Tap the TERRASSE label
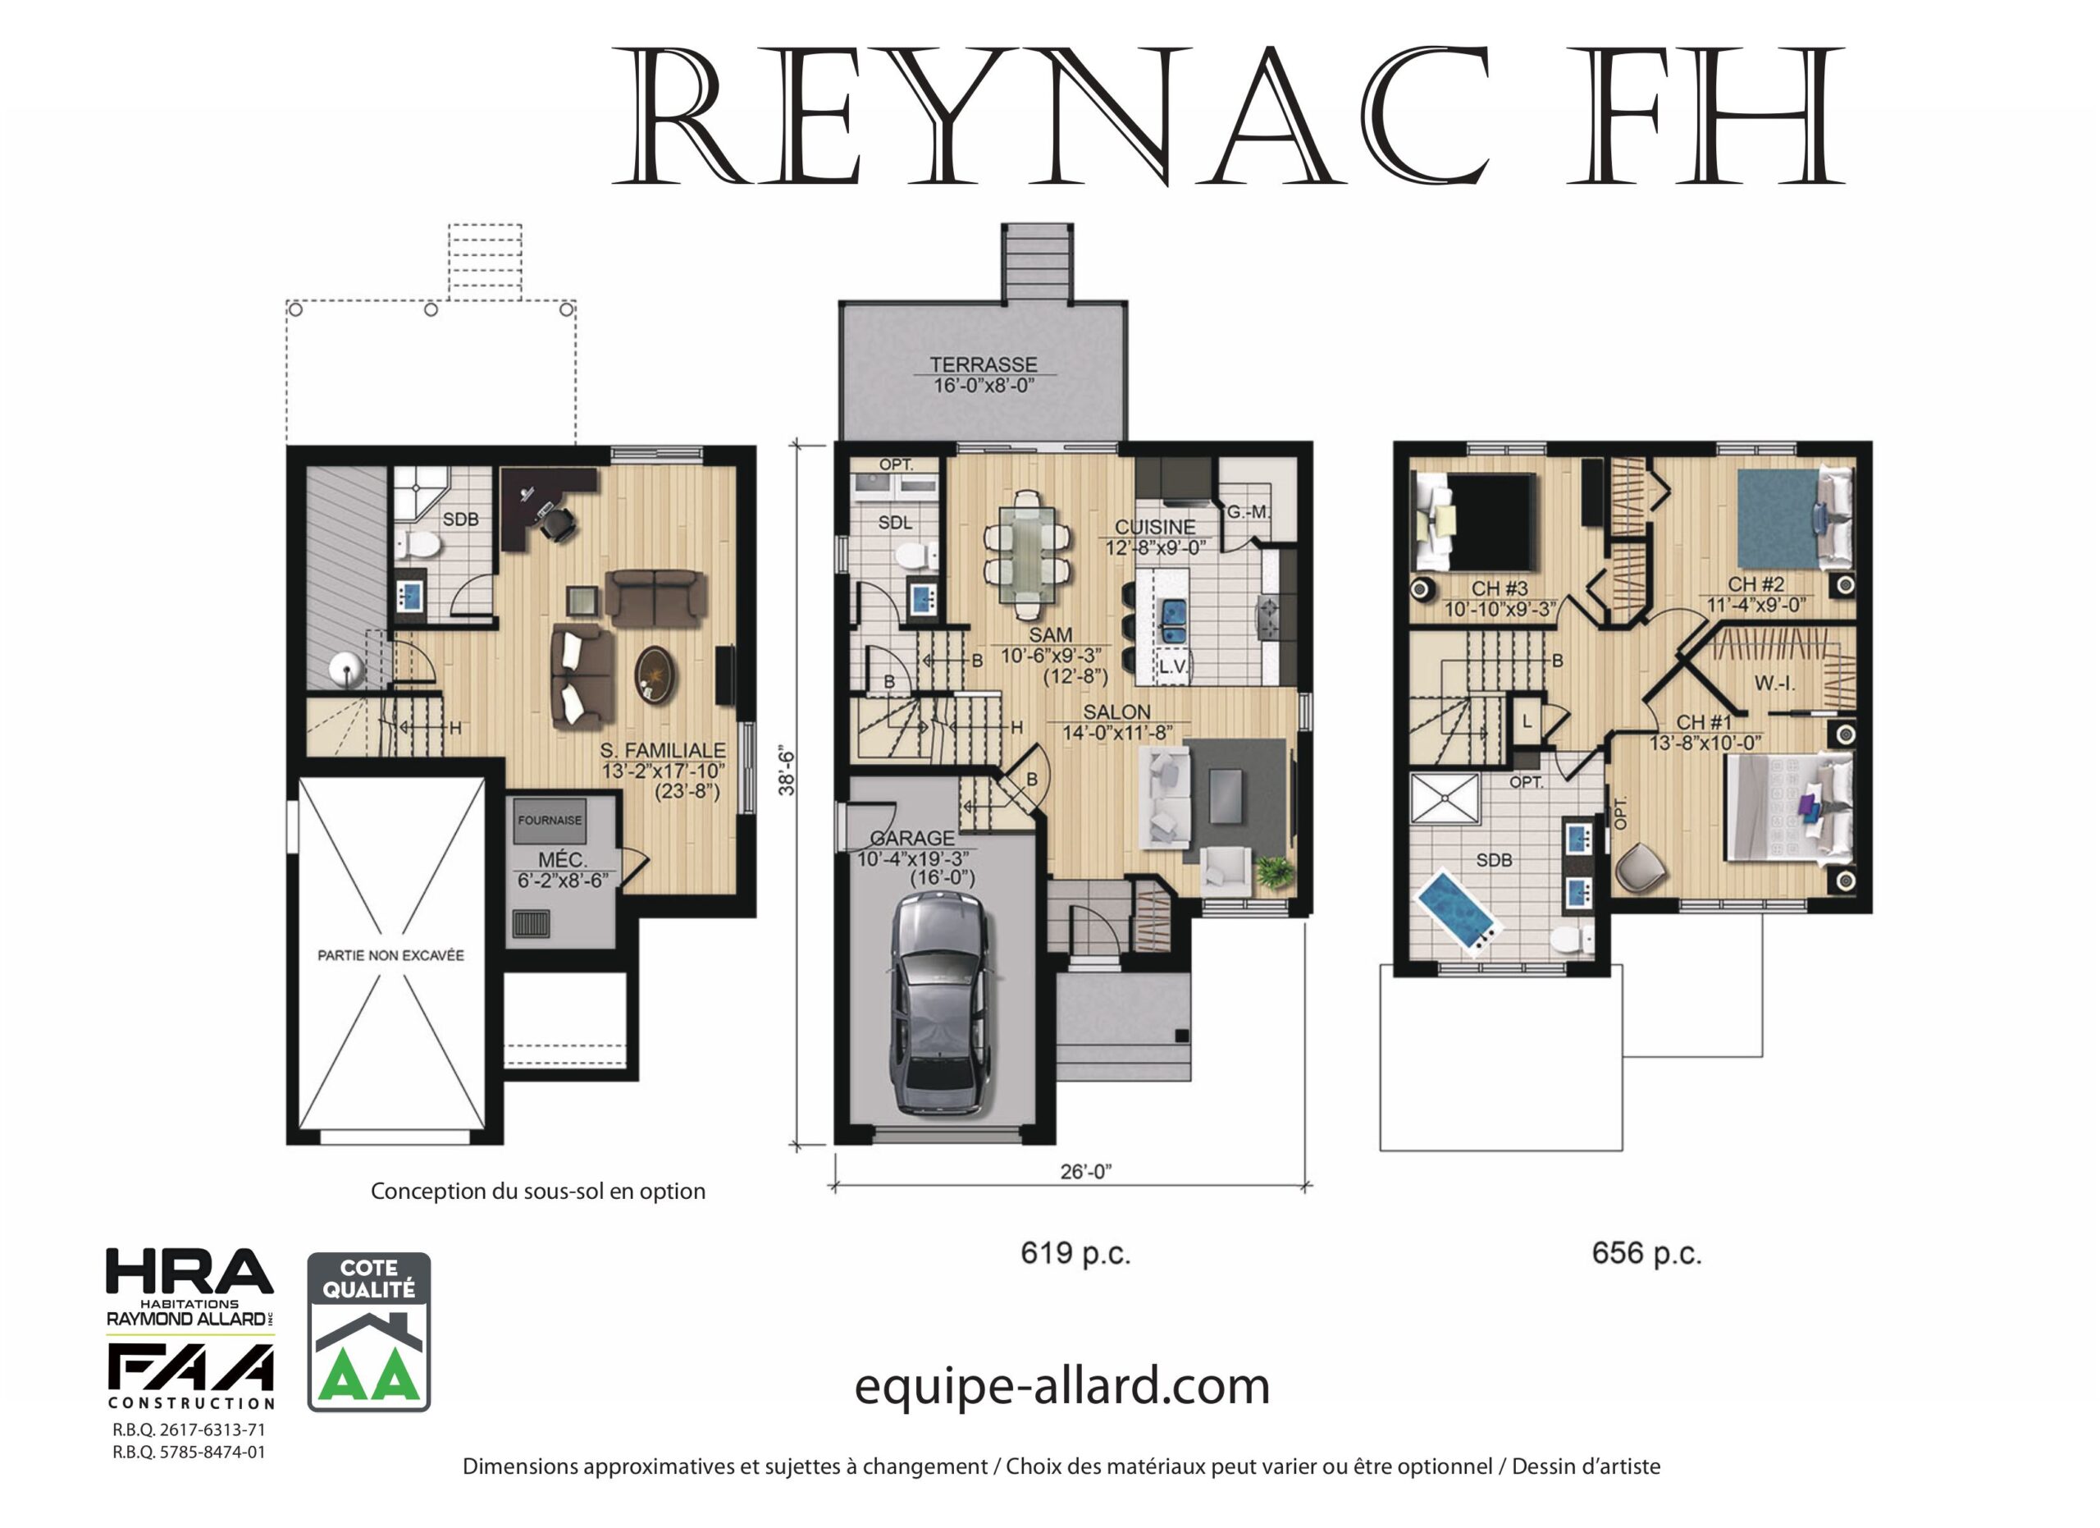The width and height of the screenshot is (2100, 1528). coord(984,365)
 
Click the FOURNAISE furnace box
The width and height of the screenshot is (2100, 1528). coord(550,821)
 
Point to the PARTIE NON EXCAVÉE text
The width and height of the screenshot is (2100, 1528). coord(390,954)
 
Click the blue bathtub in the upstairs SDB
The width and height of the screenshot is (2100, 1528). coord(1457,908)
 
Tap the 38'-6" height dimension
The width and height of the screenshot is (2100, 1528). coord(787,771)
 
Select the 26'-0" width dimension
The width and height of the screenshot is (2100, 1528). coord(1086,1173)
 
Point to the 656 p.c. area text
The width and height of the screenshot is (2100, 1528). coord(1647,1254)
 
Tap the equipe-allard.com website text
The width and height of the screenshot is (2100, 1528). coord(1062,1387)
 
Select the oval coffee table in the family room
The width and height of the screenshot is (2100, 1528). coord(655,675)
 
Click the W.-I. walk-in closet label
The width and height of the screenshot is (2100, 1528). coord(1774,684)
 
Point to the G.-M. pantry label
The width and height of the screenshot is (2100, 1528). coord(1247,511)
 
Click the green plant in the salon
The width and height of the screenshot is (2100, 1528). coord(1274,871)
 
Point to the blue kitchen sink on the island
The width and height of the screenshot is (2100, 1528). coord(1174,621)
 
